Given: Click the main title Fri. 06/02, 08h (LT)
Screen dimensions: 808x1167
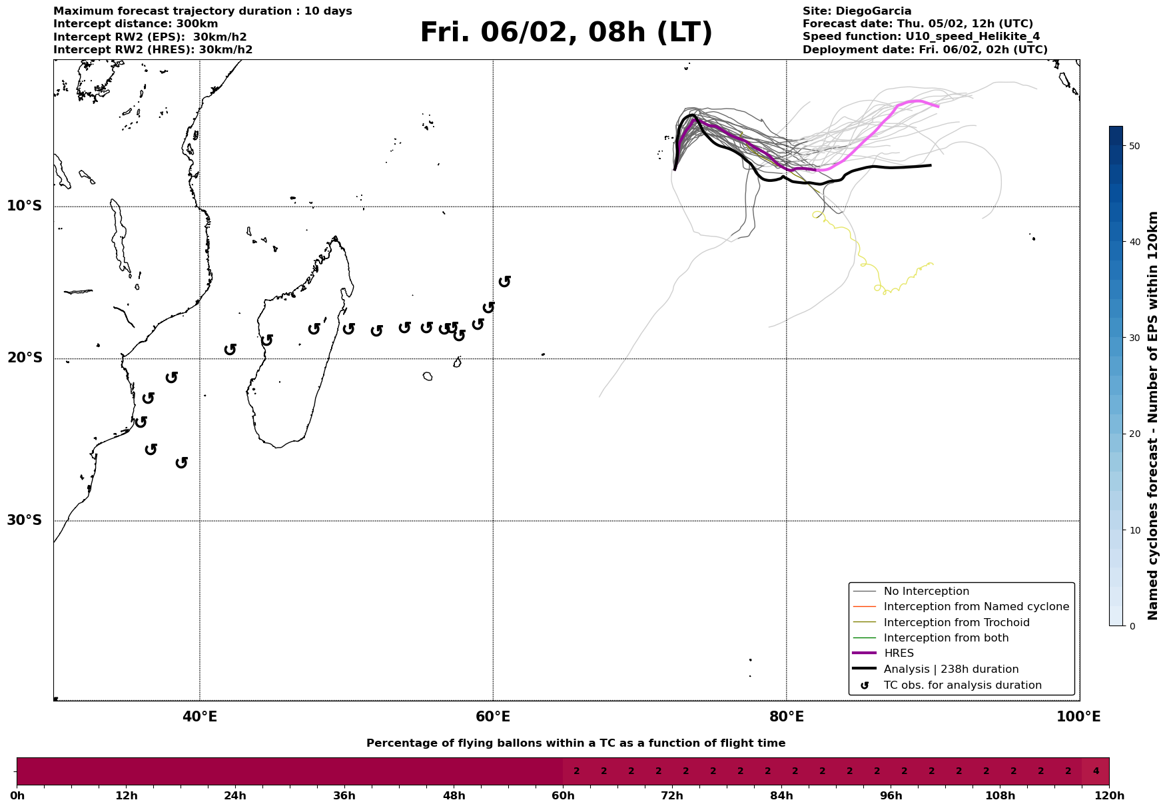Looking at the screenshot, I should coord(566,33).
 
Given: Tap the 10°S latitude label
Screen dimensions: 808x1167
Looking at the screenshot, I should coord(25,206).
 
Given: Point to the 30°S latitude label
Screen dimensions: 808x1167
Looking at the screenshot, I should coord(25,520).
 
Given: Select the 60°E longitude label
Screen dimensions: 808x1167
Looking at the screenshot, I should coord(493,717).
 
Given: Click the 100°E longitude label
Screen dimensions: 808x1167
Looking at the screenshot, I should coord(1078,717).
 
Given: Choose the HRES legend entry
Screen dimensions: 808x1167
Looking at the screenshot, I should coord(899,653).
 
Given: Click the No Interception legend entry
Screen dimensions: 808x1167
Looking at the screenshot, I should coord(926,592).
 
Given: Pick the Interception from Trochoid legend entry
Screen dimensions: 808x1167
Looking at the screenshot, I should coord(956,623).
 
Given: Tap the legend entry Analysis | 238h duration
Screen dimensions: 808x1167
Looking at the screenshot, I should coord(951,669).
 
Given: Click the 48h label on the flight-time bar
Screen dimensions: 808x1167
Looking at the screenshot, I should coord(454,796).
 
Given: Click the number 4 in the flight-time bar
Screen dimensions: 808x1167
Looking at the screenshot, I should coord(1096,771).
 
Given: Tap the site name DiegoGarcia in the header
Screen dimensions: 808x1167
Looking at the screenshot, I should coord(873,11).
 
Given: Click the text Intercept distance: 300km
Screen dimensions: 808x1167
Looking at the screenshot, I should coord(135,24).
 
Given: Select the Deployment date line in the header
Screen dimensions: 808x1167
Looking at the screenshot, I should coord(925,50).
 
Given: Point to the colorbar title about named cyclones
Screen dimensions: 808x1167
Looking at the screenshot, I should coord(1153,416).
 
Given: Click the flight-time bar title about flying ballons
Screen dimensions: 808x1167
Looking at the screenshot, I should coord(576,743).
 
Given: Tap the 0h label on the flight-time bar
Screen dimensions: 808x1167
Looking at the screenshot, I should coord(17,796).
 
